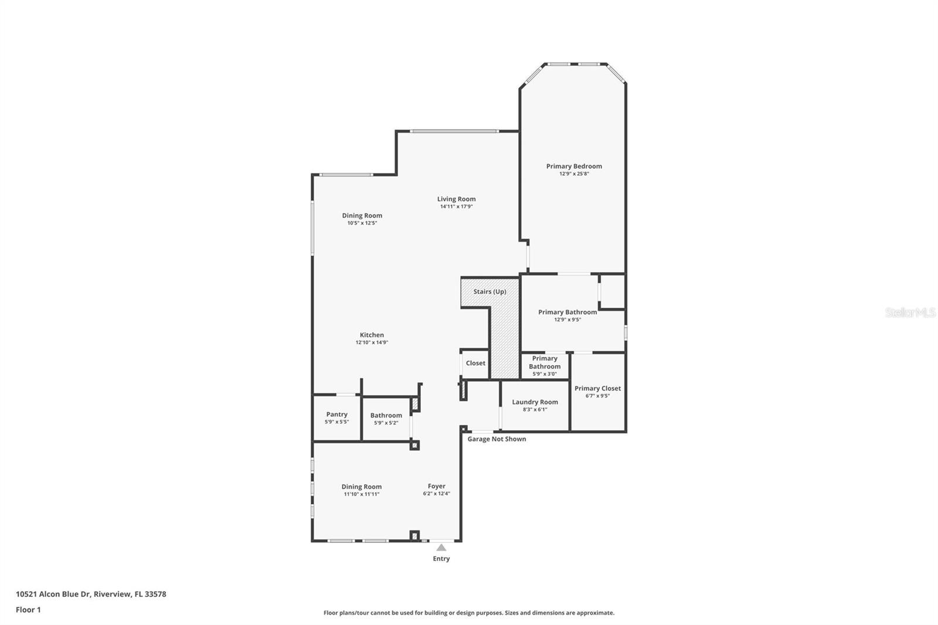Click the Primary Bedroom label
(574, 166)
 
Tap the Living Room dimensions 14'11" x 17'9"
(456, 207)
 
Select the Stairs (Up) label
(490, 291)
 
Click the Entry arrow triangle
(441, 548)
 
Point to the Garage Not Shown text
(497, 439)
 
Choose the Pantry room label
(337, 414)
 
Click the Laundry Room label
(535, 402)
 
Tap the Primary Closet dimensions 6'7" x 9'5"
(597, 396)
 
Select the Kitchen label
(372, 335)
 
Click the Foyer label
(436, 486)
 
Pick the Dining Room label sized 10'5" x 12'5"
(362, 215)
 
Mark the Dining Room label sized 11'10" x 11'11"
(361, 487)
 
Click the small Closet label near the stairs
(475, 363)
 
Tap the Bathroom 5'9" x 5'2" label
(386, 415)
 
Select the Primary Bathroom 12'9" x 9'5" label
(567, 312)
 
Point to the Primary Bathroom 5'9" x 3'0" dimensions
(545, 374)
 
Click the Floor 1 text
(28, 610)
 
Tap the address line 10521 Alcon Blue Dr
(91, 594)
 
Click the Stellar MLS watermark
(910, 312)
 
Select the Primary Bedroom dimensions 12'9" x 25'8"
(574, 174)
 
